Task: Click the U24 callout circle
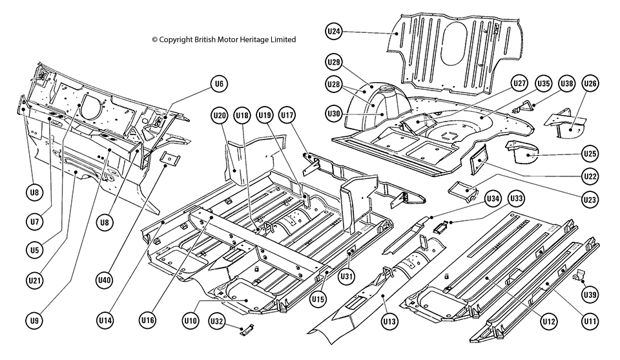[333, 31]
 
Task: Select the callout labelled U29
[333, 62]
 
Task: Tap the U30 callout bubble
[333, 113]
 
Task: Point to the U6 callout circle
[219, 83]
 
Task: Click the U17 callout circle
[287, 115]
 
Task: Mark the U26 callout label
[590, 83]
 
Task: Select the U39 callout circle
[590, 294]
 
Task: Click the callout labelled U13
[389, 321]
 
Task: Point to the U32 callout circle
[217, 321]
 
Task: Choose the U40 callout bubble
[105, 279]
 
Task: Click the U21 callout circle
[34, 279]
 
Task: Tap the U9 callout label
[34, 321]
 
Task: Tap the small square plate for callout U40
[170, 158]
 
